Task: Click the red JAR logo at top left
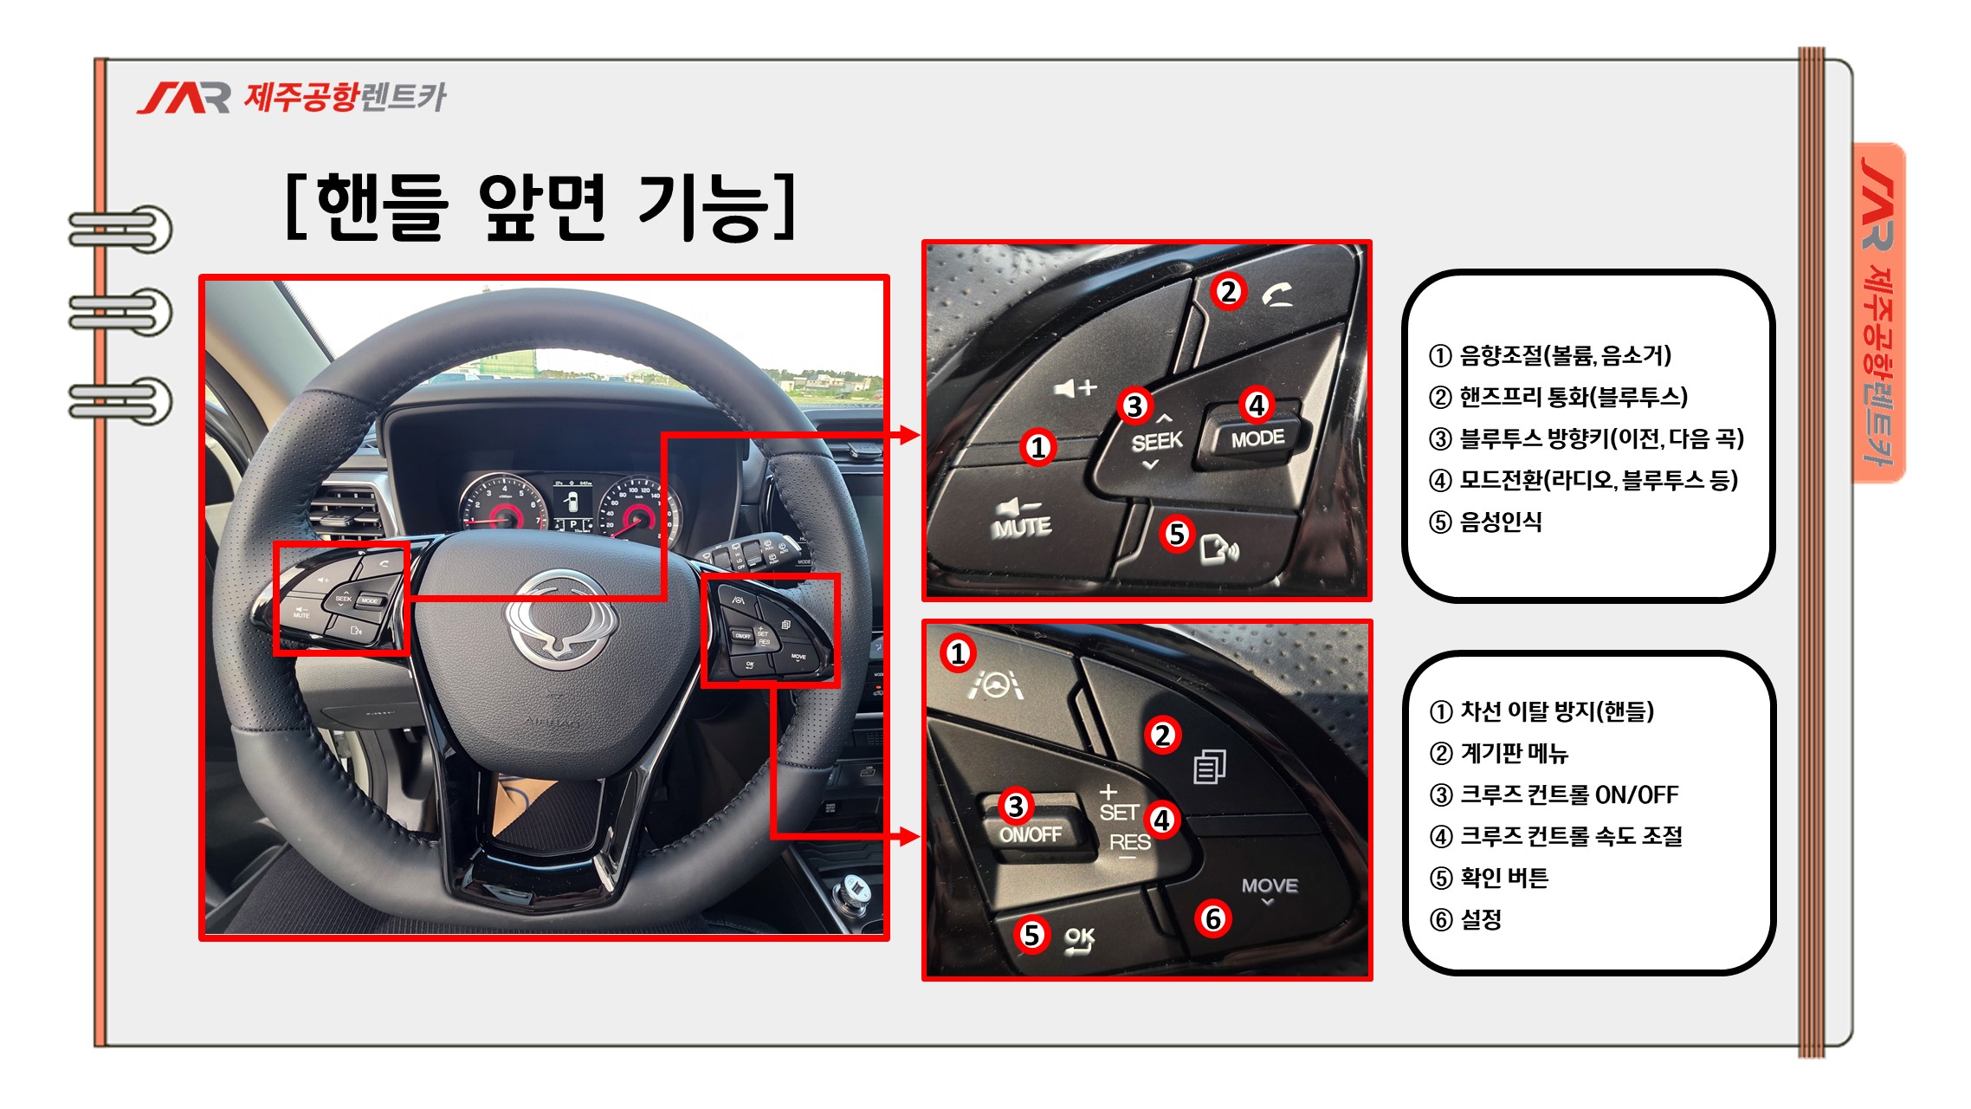pyautogui.click(x=184, y=98)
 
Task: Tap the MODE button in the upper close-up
pyautogui.click(x=1257, y=438)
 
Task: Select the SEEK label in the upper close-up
pyautogui.click(x=1156, y=442)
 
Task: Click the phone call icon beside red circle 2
pyautogui.click(x=1277, y=296)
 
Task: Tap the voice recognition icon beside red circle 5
pyautogui.click(x=1219, y=548)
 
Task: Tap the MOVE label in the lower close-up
pyautogui.click(x=1270, y=885)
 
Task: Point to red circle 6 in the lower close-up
pyautogui.click(x=1213, y=918)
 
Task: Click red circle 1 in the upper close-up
pyautogui.click(x=1037, y=447)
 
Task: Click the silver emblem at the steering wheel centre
pyautogui.click(x=561, y=619)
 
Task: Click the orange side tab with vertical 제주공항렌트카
pyautogui.click(x=1879, y=312)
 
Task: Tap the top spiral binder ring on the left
pyautogui.click(x=121, y=230)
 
